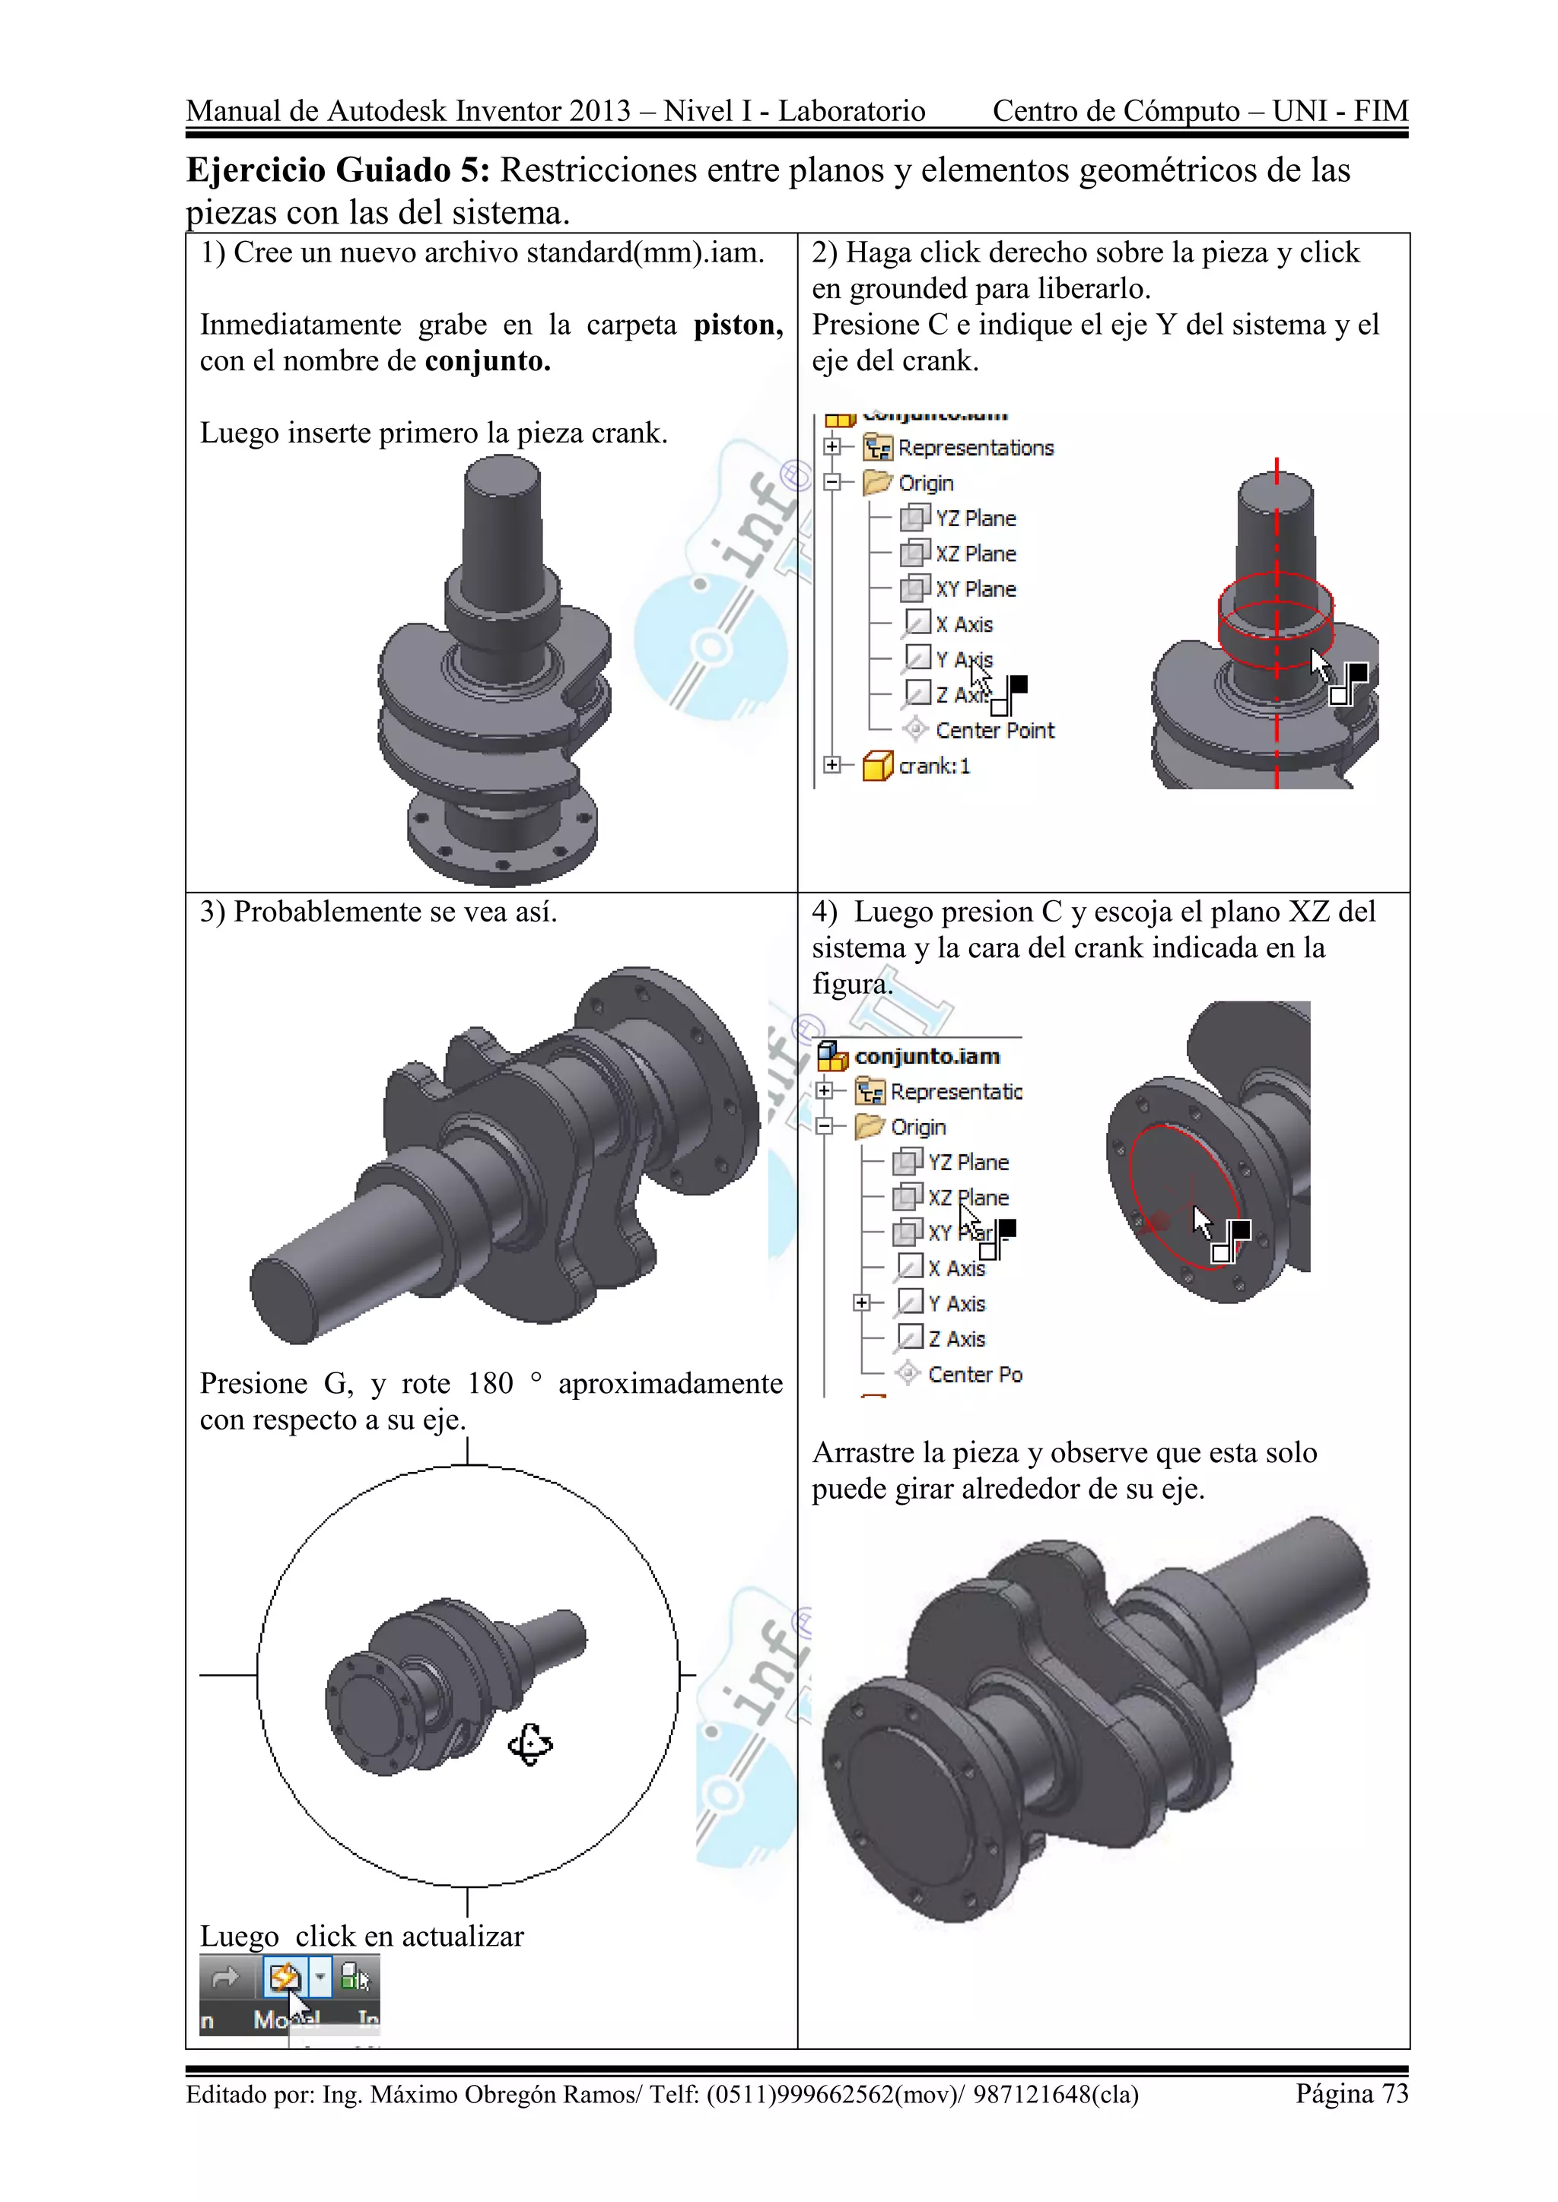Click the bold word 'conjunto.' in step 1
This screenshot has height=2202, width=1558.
pyautogui.click(x=488, y=362)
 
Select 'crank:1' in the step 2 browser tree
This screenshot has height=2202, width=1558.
pyautogui.click(x=933, y=766)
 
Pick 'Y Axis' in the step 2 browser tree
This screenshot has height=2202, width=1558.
pyautogui.click(x=963, y=660)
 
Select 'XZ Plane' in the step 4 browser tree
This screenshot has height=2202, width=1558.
pyautogui.click(x=967, y=1198)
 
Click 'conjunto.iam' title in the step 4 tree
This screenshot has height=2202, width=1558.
pyautogui.click(x=927, y=1056)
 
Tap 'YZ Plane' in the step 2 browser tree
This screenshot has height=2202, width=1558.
pyautogui.click(x=975, y=519)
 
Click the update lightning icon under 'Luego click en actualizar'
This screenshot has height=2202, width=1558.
pyautogui.click(x=284, y=1978)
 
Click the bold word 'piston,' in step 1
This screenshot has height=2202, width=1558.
pyautogui.click(x=738, y=325)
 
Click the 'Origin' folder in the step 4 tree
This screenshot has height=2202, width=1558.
pyautogui.click(x=917, y=1127)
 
